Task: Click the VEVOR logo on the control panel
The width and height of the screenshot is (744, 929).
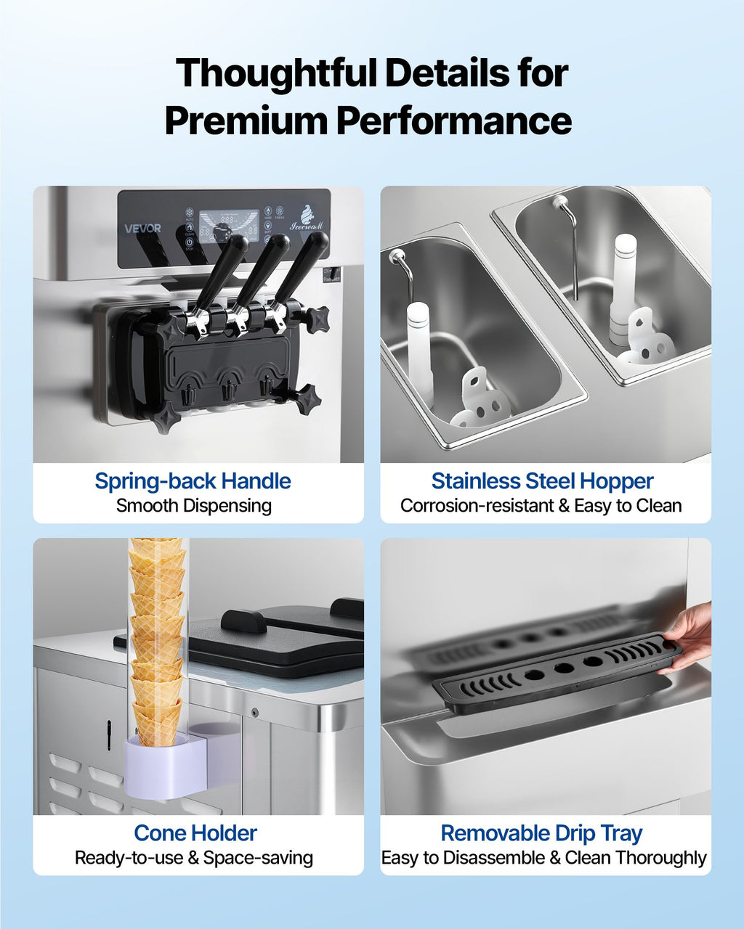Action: pos(142,228)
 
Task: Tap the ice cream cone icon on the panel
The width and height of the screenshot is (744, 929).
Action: pos(306,215)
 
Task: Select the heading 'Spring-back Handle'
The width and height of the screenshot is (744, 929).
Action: pos(193,481)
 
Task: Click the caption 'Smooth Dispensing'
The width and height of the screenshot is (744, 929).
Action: pos(194,506)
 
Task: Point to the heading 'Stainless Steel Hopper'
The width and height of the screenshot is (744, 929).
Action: pos(542,481)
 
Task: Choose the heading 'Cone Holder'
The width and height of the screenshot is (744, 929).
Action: pos(195,833)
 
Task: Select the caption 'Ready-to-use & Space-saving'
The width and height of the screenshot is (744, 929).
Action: pos(194,858)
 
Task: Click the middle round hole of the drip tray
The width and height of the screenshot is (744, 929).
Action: pos(563,668)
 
